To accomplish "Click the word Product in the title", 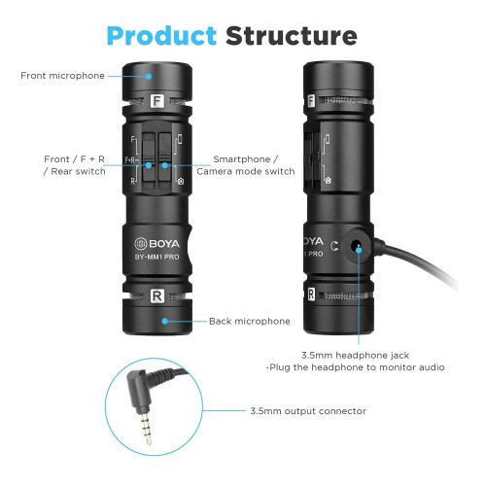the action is coord(161,36).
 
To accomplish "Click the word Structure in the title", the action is coord(292,36).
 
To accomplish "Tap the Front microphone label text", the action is coord(62,76).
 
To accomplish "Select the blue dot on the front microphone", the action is coord(149,77).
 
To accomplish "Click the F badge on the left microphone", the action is coord(157,101).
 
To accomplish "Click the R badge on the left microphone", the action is coord(157,296).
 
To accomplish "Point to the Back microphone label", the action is coord(250,321).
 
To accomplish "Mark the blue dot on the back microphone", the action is coord(165,321).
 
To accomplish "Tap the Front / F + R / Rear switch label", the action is coord(75,165).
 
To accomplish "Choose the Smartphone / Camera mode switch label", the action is coord(246,165).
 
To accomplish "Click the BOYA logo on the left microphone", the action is coord(156,243).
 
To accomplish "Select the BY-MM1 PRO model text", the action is coord(156,257).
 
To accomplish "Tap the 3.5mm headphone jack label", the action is coord(356,356).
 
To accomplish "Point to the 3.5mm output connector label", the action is coord(308,411).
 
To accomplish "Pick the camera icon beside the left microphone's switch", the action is coord(181,182).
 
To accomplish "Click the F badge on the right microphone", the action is coord(311,101).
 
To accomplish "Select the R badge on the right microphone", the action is coord(311,294).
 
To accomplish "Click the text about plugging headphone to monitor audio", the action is coord(355,367).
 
